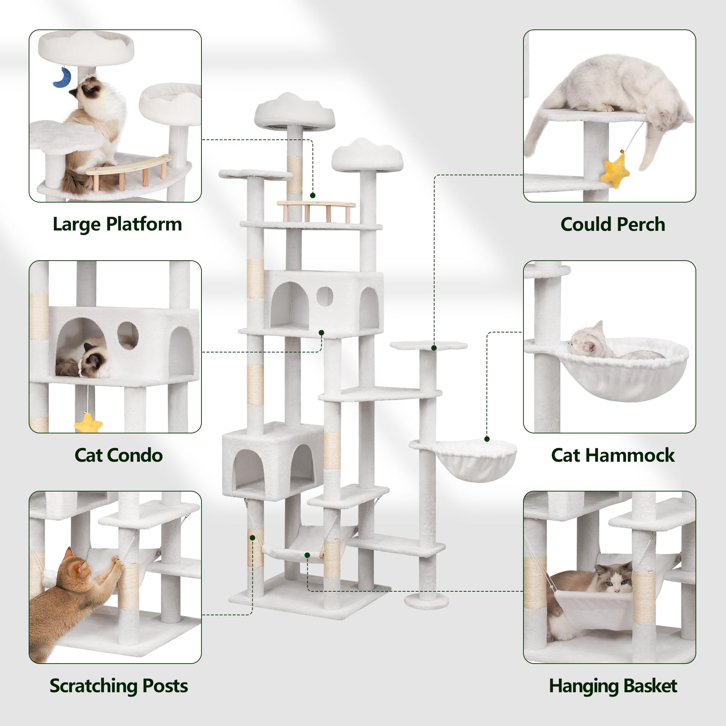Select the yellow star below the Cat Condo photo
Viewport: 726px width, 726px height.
click(x=88, y=424)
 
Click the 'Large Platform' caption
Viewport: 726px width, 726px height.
click(x=117, y=224)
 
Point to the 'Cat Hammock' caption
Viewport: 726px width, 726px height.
click(x=612, y=455)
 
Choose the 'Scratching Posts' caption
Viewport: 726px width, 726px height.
click(x=118, y=686)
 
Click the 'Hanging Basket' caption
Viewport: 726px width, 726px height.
click(x=612, y=686)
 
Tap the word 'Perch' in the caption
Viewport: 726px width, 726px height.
click(x=641, y=224)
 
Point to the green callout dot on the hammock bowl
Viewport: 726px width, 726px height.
click(x=487, y=439)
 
